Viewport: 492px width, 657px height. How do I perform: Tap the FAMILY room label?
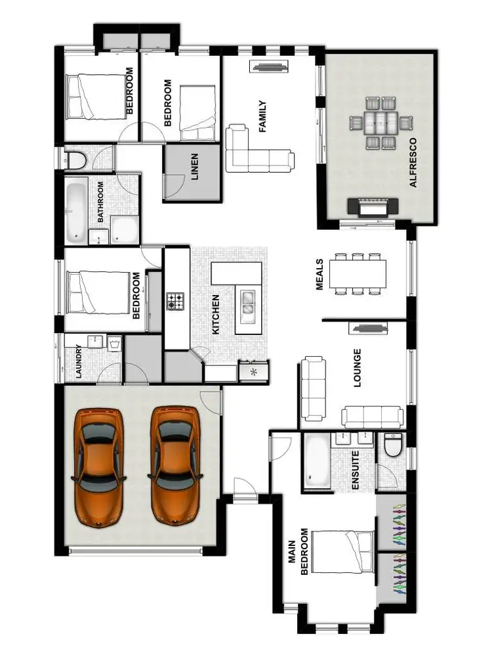262,116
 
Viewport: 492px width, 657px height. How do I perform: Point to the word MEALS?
320,274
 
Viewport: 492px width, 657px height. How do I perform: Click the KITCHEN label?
216,315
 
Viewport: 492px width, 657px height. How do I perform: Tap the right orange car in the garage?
175,465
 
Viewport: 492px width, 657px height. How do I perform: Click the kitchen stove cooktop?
176,302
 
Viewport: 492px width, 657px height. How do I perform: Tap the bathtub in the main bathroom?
75,211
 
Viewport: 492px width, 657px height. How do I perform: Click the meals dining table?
358,273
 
